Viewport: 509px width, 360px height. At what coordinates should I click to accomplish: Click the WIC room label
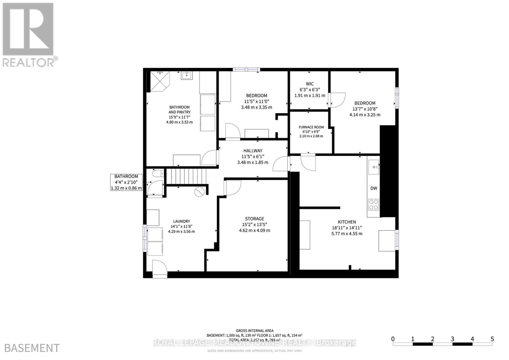click(x=310, y=84)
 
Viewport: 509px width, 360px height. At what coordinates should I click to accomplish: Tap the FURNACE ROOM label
click(x=311, y=127)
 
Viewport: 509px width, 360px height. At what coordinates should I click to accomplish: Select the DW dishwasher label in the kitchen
click(x=373, y=188)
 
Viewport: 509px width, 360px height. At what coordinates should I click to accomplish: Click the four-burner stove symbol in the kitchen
click(x=373, y=205)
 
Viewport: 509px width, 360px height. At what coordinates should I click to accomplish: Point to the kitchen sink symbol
click(x=373, y=167)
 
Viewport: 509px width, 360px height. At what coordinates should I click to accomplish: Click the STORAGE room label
click(x=254, y=219)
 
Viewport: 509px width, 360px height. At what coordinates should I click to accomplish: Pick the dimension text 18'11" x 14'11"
click(x=347, y=228)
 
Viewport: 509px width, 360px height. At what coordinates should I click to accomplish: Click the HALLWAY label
click(x=253, y=151)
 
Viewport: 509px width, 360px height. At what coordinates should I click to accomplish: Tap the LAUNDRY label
click(x=181, y=221)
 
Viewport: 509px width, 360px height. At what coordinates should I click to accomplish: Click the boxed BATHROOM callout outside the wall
click(x=126, y=183)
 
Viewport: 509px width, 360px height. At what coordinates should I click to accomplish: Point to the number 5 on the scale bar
click(x=492, y=339)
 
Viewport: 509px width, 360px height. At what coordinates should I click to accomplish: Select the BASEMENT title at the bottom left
click(x=32, y=348)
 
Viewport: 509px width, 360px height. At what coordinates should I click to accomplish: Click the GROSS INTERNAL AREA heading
click(x=254, y=331)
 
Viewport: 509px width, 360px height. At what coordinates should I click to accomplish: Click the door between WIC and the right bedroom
click(x=337, y=100)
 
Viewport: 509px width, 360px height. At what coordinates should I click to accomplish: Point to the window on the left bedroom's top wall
click(x=246, y=70)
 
